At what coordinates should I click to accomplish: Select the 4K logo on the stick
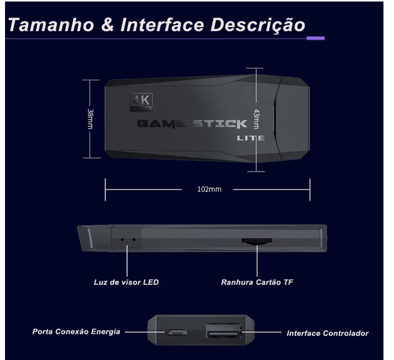pos(141,102)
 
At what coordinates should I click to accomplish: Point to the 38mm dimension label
pos(90,119)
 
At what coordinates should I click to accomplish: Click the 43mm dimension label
pos(256,119)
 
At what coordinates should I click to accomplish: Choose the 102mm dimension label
pos(207,190)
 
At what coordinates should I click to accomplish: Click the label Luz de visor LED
pos(126,282)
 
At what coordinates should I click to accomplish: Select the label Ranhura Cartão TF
pos(257,282)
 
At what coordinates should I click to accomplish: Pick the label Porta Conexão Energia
pos(76,331)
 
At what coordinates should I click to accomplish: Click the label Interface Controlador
pos(327,333)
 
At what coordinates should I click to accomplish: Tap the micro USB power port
pos(176,332)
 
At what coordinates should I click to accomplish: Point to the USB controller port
pos(223,332)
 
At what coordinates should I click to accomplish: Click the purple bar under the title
pos(315,38)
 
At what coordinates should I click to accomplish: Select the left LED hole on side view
pos(122,239)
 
